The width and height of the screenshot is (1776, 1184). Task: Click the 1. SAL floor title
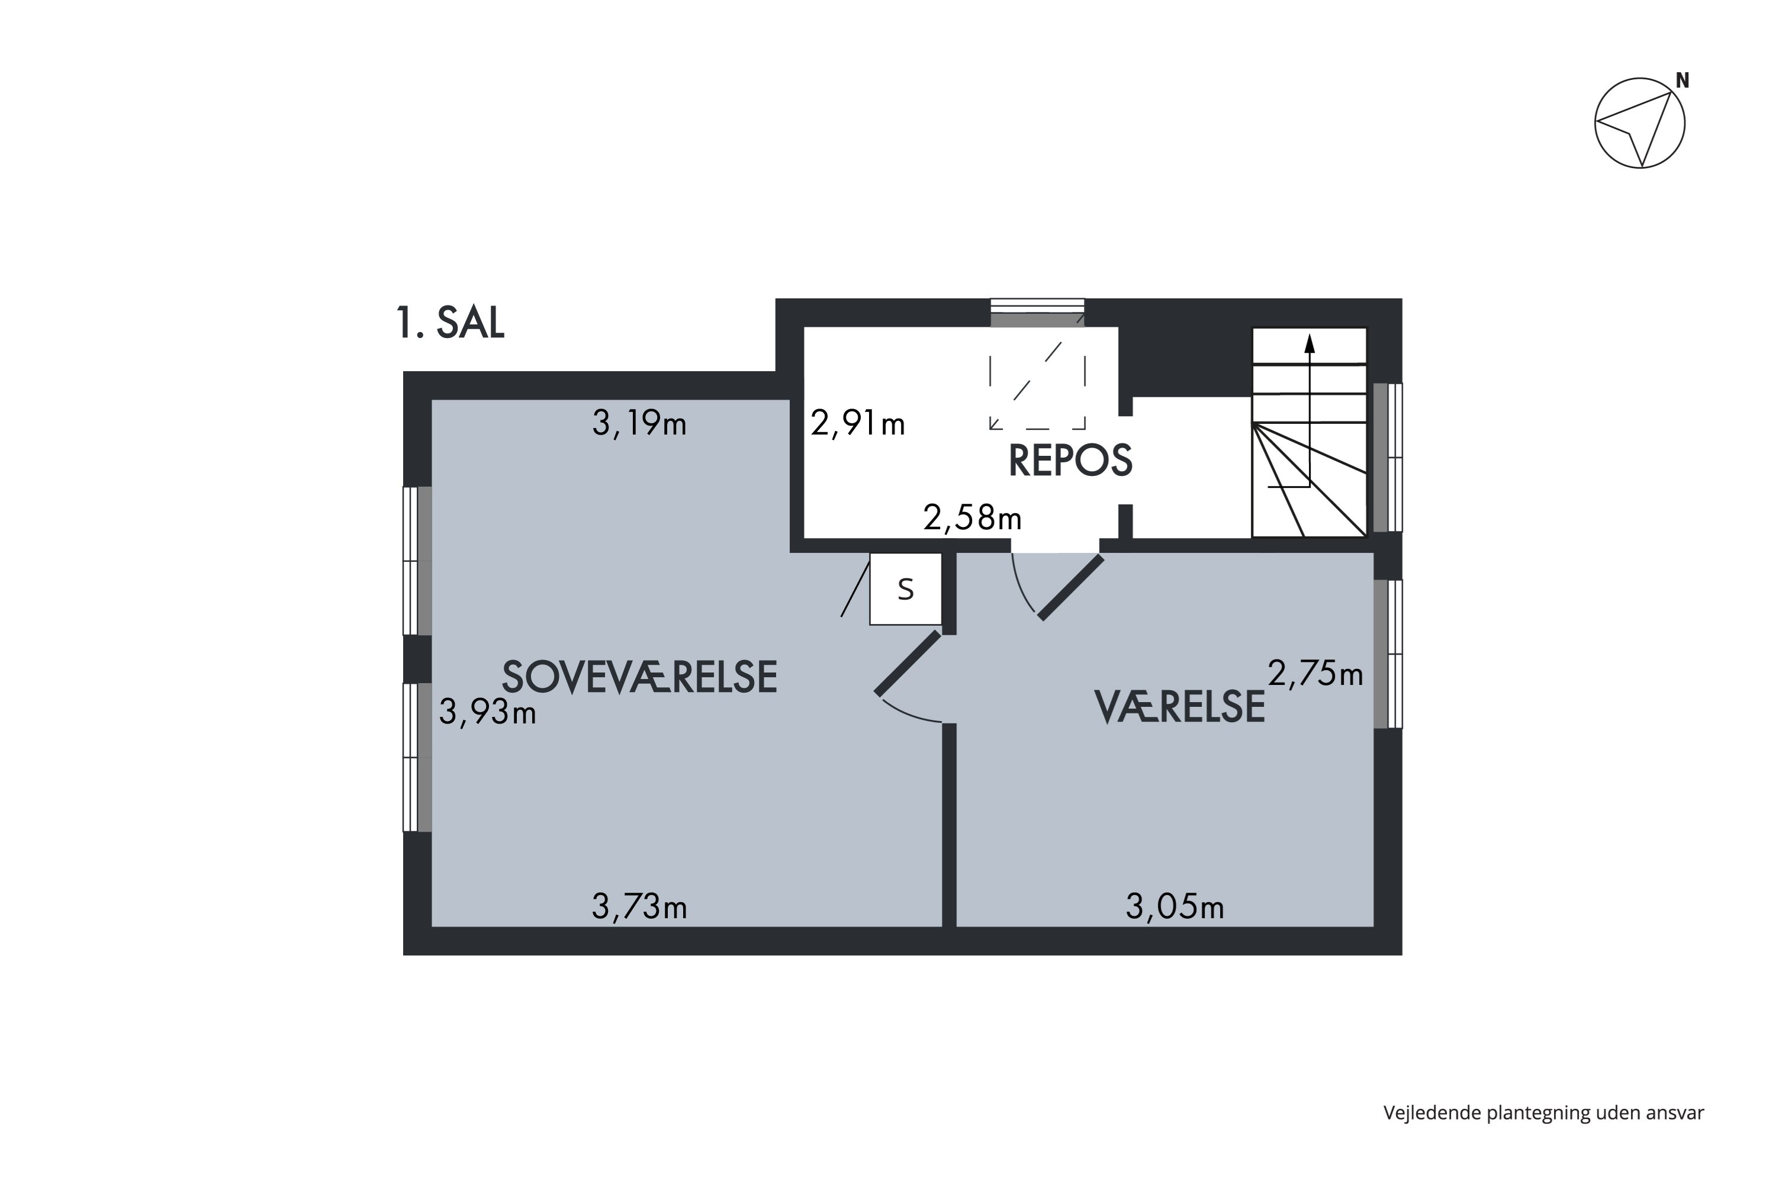[450, 323]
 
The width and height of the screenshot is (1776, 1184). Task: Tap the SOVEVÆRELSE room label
[639, 677]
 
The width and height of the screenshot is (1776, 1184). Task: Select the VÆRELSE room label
[1179, 707]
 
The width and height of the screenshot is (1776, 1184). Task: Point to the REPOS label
[1070, 460]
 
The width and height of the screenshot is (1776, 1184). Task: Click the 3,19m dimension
[639, 424]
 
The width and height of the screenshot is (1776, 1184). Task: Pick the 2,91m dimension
[857, 424]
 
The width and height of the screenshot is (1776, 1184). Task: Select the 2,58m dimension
[972, 518]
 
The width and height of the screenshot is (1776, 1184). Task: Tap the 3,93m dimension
[487, 712]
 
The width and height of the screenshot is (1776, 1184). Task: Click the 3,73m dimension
[639, 907]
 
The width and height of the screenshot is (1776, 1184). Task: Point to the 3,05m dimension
[1174, 907]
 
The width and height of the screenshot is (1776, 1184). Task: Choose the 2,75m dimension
[1315, 674]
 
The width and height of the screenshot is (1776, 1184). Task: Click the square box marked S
[905, 589]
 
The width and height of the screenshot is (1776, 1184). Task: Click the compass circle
[1639, 123]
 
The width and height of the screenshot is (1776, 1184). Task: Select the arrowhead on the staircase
[1310, 345]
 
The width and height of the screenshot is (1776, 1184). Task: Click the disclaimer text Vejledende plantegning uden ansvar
[1543, 1112]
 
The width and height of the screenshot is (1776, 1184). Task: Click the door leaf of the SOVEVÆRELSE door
[908, 663]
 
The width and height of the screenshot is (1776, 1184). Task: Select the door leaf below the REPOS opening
[1071, 587]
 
